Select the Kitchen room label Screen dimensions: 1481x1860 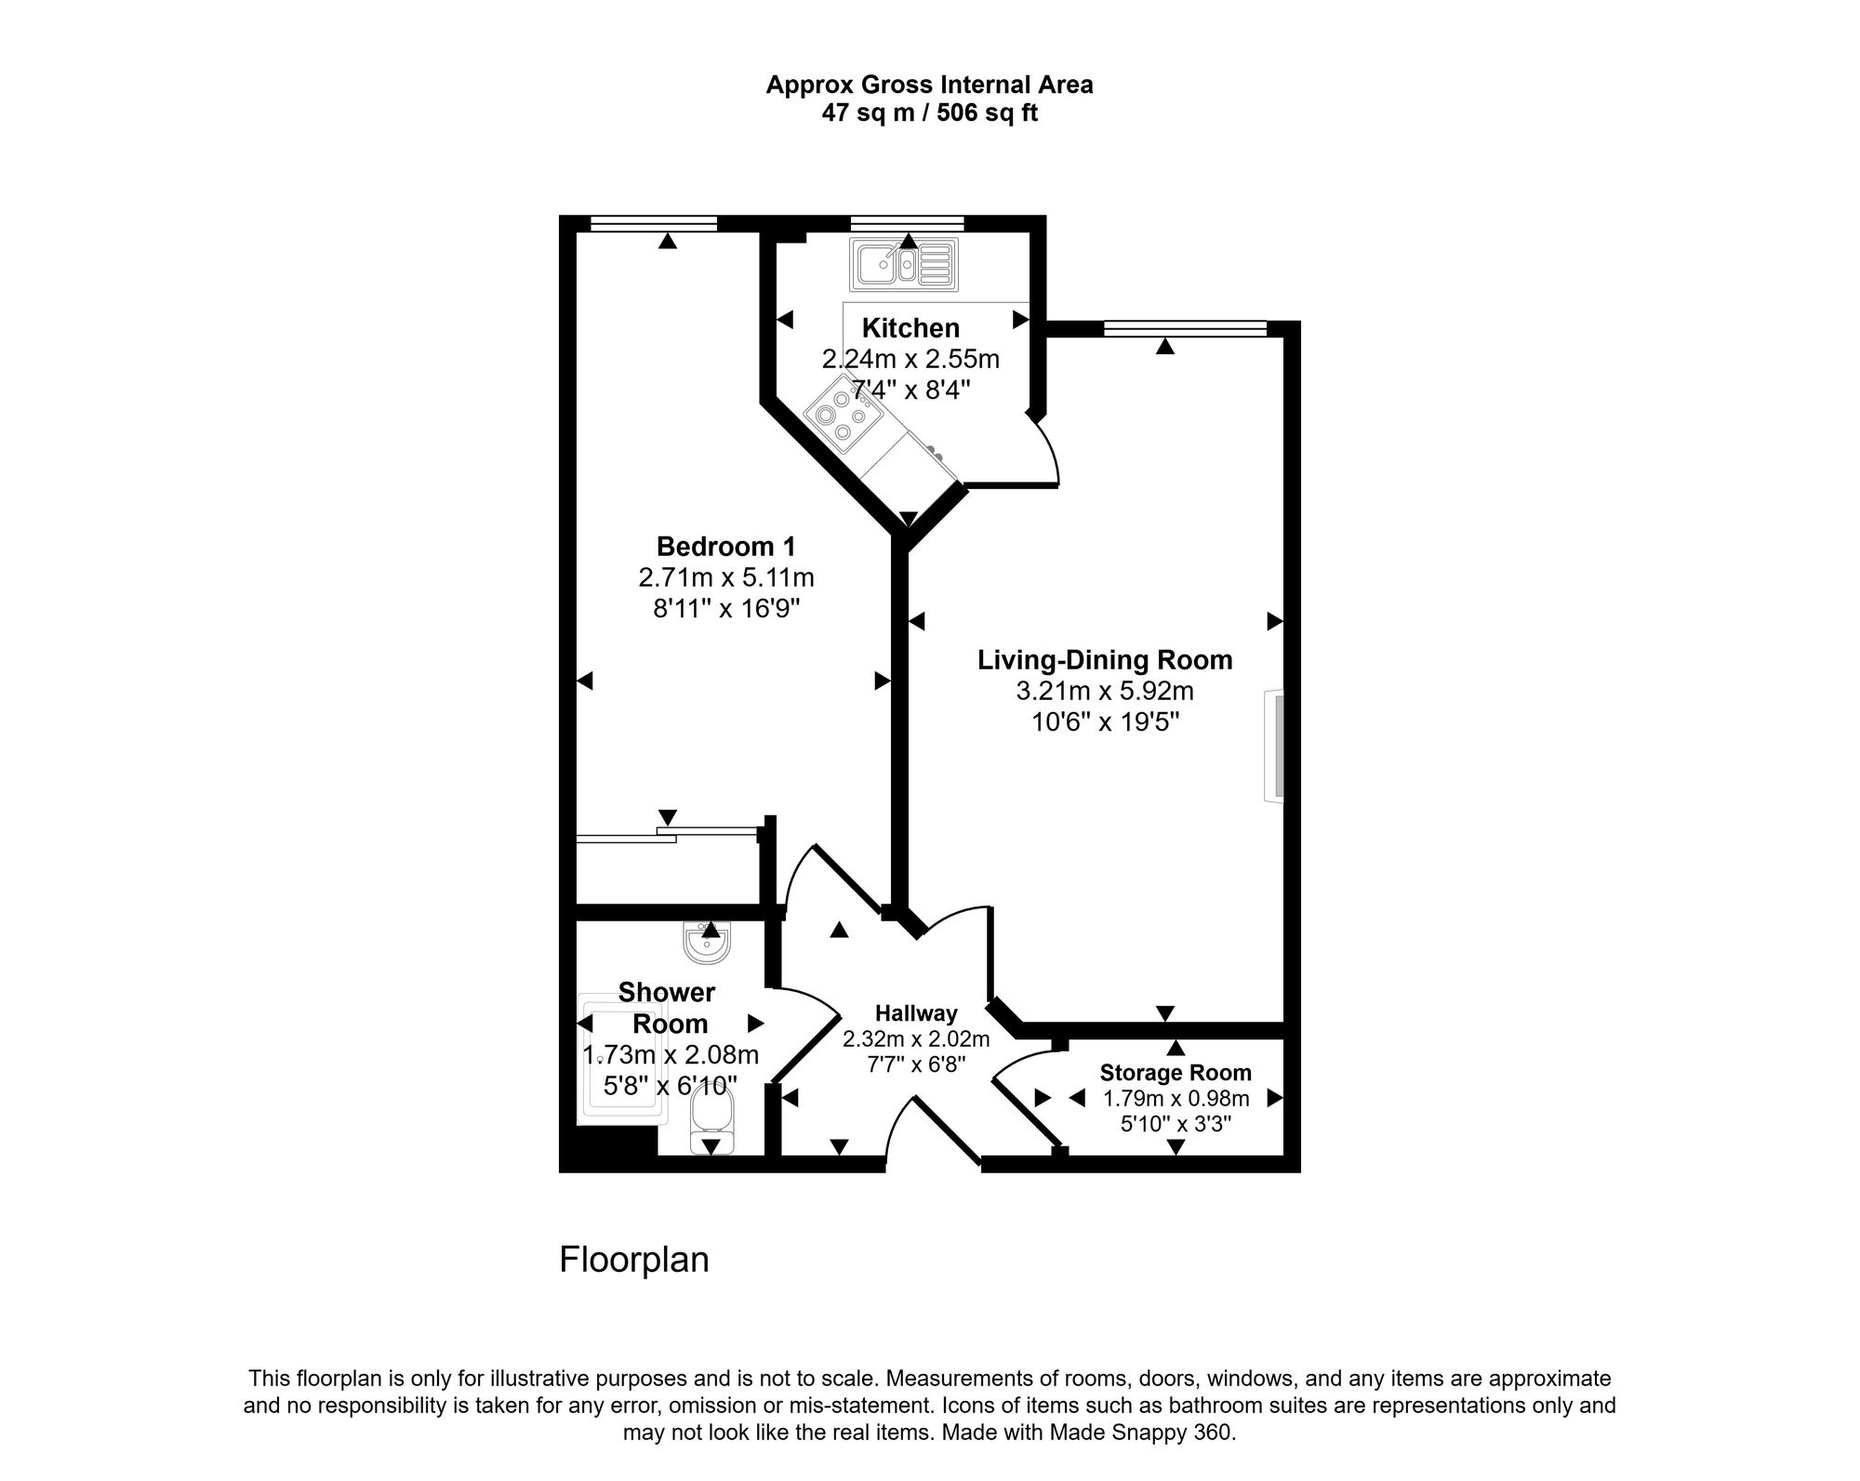(x=910, y=328)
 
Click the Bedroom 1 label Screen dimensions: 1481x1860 (x=725, y=546)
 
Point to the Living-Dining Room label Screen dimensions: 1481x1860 (x=1104, y=660)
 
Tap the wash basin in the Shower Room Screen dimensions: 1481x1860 (x=709, y=943)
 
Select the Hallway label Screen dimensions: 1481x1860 (x=915, y=1013)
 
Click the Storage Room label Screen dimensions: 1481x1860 (x=1176, y=1073)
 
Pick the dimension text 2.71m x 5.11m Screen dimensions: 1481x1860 (x=725, y=578)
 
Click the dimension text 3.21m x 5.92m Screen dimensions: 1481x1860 (x=1104, y=692)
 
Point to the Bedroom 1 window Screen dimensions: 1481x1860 (x=653, y=223)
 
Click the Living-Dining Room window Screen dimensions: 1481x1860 (x=1184, y=328)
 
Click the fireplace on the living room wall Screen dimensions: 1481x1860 (x=1274, y=746)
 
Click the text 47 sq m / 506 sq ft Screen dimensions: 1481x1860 (x=928, y=113)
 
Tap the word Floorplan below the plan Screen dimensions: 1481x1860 (x=633, y=1260)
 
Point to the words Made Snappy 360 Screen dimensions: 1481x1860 (x=1141, y=1433)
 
